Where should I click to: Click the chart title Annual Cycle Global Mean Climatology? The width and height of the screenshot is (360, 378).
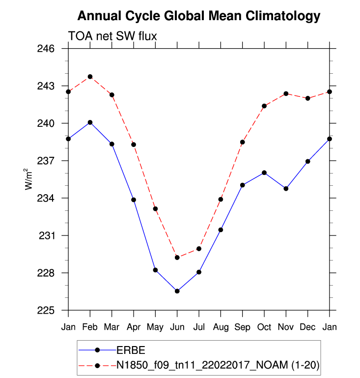(x=199, y=16)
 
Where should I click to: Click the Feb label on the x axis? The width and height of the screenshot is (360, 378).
(x=90, y=327)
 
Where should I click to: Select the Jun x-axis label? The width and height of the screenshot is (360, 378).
(x=177, y=327)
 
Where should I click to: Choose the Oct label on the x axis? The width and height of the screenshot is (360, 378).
(x=264, y=327)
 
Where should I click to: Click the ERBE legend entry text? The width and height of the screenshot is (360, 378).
(x=131, y=350)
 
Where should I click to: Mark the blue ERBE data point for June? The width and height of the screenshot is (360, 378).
(x=177, y=291)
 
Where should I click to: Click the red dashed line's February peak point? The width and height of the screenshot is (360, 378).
(x=90, y=77)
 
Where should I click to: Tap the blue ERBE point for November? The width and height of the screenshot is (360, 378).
(x=286, y=188)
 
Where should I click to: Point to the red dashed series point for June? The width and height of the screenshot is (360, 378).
(x=177, y=258)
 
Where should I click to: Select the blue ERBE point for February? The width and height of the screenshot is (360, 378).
(x=90, y=122)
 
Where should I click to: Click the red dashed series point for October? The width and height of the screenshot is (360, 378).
(x=264, y=106)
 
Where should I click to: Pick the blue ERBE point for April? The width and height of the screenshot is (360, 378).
(x=134, y=200)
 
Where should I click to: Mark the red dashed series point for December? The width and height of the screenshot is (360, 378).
(x=307, y=98)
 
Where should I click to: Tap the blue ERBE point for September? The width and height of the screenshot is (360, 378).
(x=242, y=185)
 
